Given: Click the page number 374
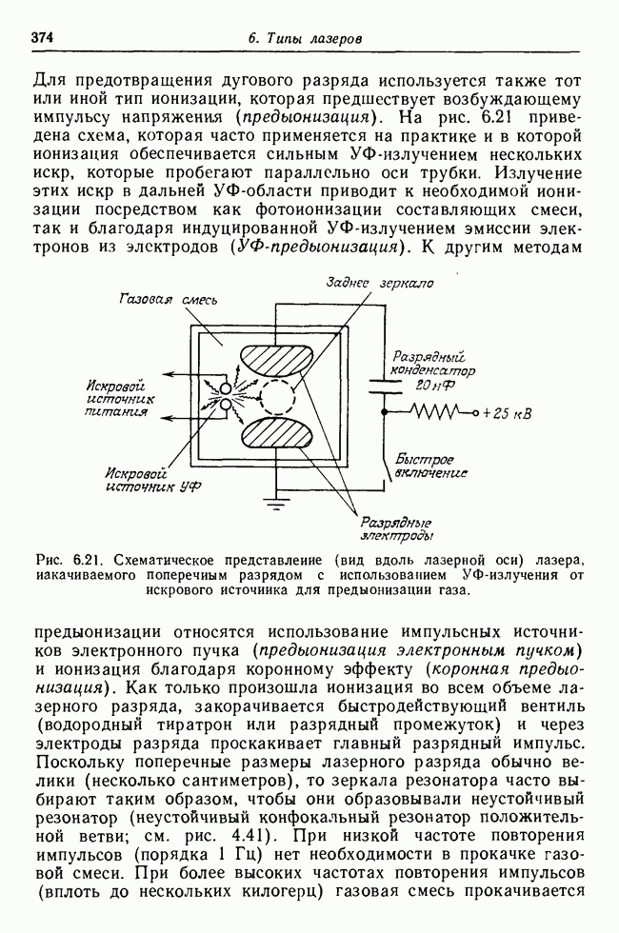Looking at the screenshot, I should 41,38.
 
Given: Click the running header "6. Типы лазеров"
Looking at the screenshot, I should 305,39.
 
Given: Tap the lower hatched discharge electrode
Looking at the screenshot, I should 278,435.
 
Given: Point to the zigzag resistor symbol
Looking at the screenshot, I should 426,412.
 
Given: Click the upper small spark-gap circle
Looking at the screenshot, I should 225,389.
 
